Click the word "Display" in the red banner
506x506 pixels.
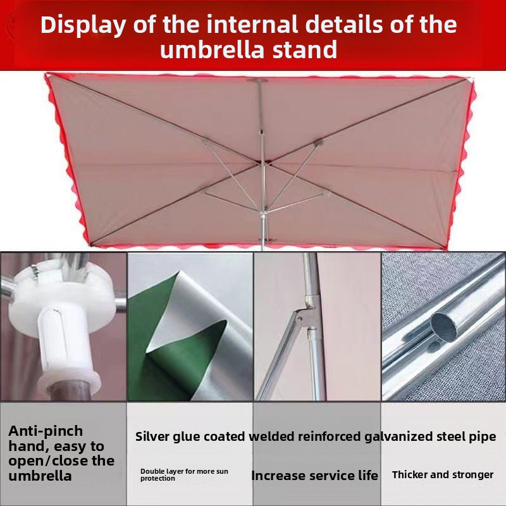pos(83,25)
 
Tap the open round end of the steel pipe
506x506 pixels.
pos(444,326)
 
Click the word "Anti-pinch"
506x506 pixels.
pos(46,431)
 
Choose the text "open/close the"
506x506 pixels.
pos(61,461)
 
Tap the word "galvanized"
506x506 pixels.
pos(398,437)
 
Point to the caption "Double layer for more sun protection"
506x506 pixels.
pos(184,475)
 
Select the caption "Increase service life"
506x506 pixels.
pos(314,476)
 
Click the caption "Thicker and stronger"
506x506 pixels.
pos(443,475)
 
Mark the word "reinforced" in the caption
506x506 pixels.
pos(330,436)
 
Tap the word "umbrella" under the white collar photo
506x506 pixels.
pos(40,476)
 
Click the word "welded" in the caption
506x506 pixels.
pos(272,436)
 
